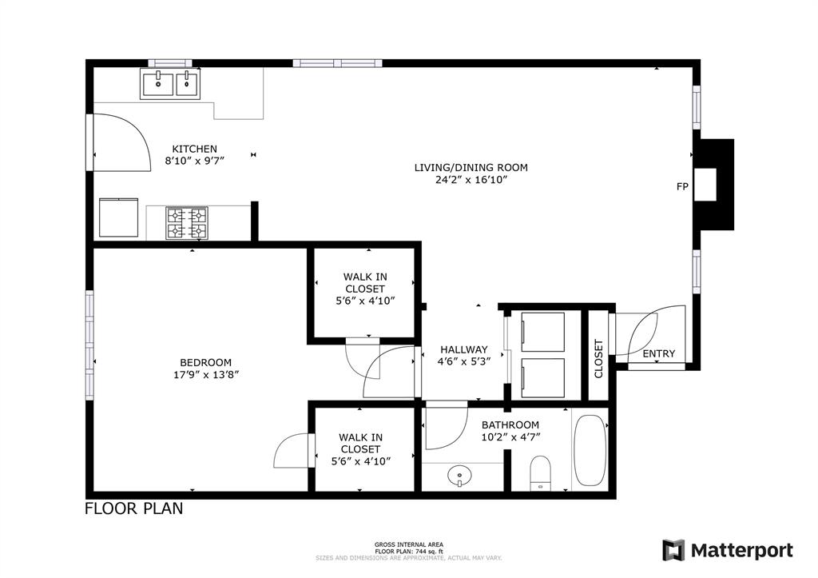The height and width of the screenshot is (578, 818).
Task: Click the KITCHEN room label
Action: [195, 149]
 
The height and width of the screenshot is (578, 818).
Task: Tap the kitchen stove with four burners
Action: [187, 223]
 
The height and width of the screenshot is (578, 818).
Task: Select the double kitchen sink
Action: [171, 83]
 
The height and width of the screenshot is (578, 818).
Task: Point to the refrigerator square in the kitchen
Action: [118, 218]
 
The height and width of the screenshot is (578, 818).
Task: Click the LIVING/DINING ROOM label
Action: [471, 168]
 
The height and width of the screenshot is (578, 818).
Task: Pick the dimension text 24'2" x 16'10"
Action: [471, 180]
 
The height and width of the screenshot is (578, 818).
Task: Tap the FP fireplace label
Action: [682, 187]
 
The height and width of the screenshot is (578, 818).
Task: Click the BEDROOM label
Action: [205, 362]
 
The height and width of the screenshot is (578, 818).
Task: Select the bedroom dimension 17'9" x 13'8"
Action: [205, 374]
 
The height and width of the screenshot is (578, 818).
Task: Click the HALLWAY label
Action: [463, 349]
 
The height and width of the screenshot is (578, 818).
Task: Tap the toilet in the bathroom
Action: [541, 472]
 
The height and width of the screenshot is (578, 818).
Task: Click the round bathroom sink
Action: [460, 477]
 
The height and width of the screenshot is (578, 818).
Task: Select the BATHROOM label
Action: [510, 425]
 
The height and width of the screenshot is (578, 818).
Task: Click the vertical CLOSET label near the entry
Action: [599, 359]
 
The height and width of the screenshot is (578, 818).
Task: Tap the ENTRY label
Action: [658, 353]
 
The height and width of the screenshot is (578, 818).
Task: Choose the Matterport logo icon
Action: [673, 550]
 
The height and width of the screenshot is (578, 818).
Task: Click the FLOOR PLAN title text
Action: [133, 508]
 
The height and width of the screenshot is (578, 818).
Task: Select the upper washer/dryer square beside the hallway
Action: [542, 331]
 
